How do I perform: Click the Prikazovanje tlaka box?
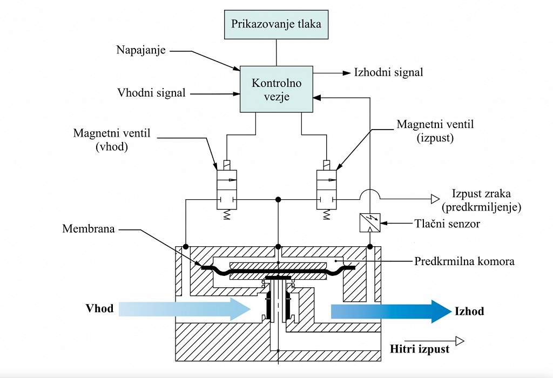tap(276, 24)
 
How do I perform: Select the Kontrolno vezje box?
tap(276, 89)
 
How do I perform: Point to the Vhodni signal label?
tap(151, 93)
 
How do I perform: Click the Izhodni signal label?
tap(388, 72)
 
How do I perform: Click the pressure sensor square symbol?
tap(370, 221)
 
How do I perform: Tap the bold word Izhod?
tap(469, 311)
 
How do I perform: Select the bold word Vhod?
tap(100, 309)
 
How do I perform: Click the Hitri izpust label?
tap(420, 349)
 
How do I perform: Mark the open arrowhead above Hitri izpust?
tap(459, 341)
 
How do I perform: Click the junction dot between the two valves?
tap(278, 199)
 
